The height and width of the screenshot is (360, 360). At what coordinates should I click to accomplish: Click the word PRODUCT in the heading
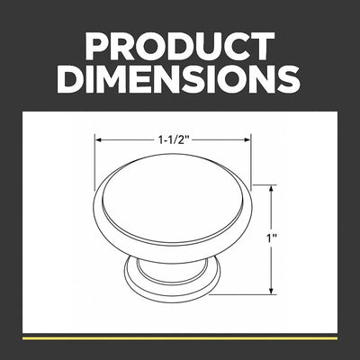[x=180, y=46]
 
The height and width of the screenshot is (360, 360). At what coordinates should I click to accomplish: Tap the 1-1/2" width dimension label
[x=175, y=139]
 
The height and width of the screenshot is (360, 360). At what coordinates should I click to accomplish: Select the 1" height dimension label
[x=272, y=238]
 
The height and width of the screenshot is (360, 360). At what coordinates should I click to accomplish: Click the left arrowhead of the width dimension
[x=98, y=139]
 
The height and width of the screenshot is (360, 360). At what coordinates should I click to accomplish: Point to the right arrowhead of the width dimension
[x=247, y=139]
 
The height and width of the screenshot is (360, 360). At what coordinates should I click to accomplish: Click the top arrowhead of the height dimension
[x=272, y=189]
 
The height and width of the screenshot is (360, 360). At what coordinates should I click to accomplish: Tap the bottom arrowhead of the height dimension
[x=272, y=291]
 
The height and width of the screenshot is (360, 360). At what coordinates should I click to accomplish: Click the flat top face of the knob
[x=173, y=198]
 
